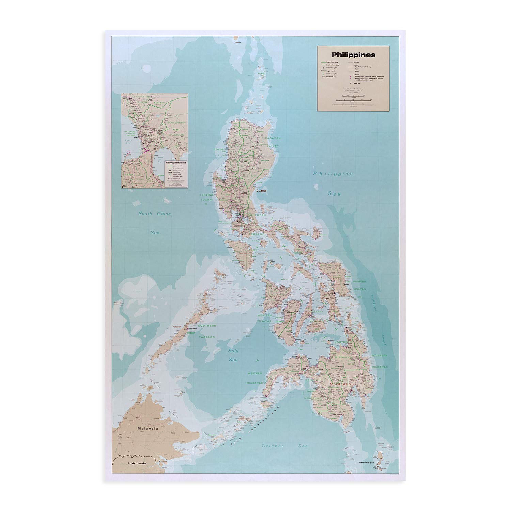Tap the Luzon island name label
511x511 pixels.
[261, 191]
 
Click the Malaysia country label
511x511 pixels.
[147, 428]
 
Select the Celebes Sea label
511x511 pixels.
[284, 446]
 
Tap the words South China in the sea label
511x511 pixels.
[154, 214]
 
